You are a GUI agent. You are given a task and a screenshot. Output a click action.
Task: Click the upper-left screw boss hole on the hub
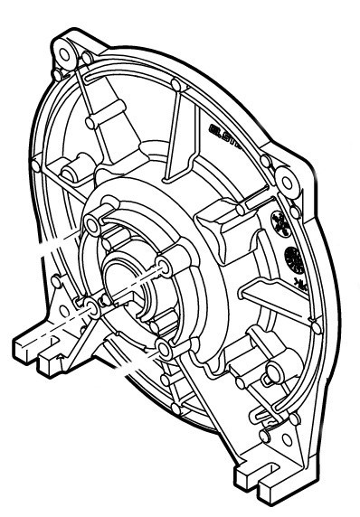[94, 223]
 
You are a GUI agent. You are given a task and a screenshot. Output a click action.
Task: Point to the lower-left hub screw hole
[91, 309]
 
